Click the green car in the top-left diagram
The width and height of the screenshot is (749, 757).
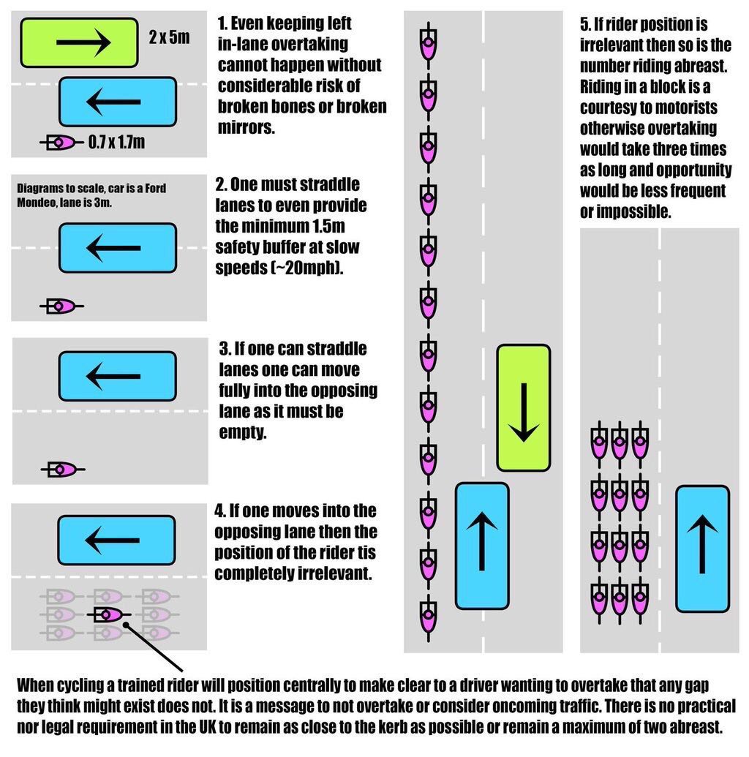pyautogui.click(x=79, y=42)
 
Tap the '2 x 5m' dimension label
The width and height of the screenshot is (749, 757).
pyautogui.click(x=169, y=37)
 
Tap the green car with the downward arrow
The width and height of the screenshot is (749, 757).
pyautogui.click(x=523, y=407)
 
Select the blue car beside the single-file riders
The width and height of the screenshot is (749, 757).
pyautogui.click(x=481, y=545)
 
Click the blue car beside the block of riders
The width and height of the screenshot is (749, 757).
pyautogui.click(x=701, y=549)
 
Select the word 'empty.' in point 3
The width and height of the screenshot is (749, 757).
pyautogui.click(x=243, y=432)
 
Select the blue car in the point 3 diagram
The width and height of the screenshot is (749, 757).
pyautogui.click(x=117, y=375)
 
